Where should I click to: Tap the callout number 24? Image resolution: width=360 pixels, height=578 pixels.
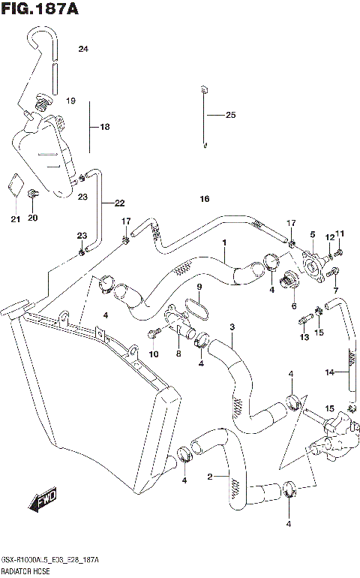point(83,50)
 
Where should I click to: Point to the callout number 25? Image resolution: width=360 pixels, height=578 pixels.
point(229,115)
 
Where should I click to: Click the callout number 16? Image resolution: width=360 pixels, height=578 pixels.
point(204,199)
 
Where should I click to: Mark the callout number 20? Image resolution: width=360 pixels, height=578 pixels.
point(32,218)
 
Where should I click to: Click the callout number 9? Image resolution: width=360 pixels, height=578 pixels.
point(199,287)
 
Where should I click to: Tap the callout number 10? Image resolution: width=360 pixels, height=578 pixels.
point(154,354)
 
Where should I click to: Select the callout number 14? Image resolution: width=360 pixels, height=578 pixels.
point(328,372)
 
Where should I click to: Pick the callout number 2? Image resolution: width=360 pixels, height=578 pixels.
point(211,475)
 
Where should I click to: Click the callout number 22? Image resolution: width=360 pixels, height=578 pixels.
point(119,203)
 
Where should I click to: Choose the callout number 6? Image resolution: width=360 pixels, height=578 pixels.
point(293,306)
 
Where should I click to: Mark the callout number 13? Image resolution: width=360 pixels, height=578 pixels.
point(303,338)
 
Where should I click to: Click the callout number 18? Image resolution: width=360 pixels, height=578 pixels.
point(104,128)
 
